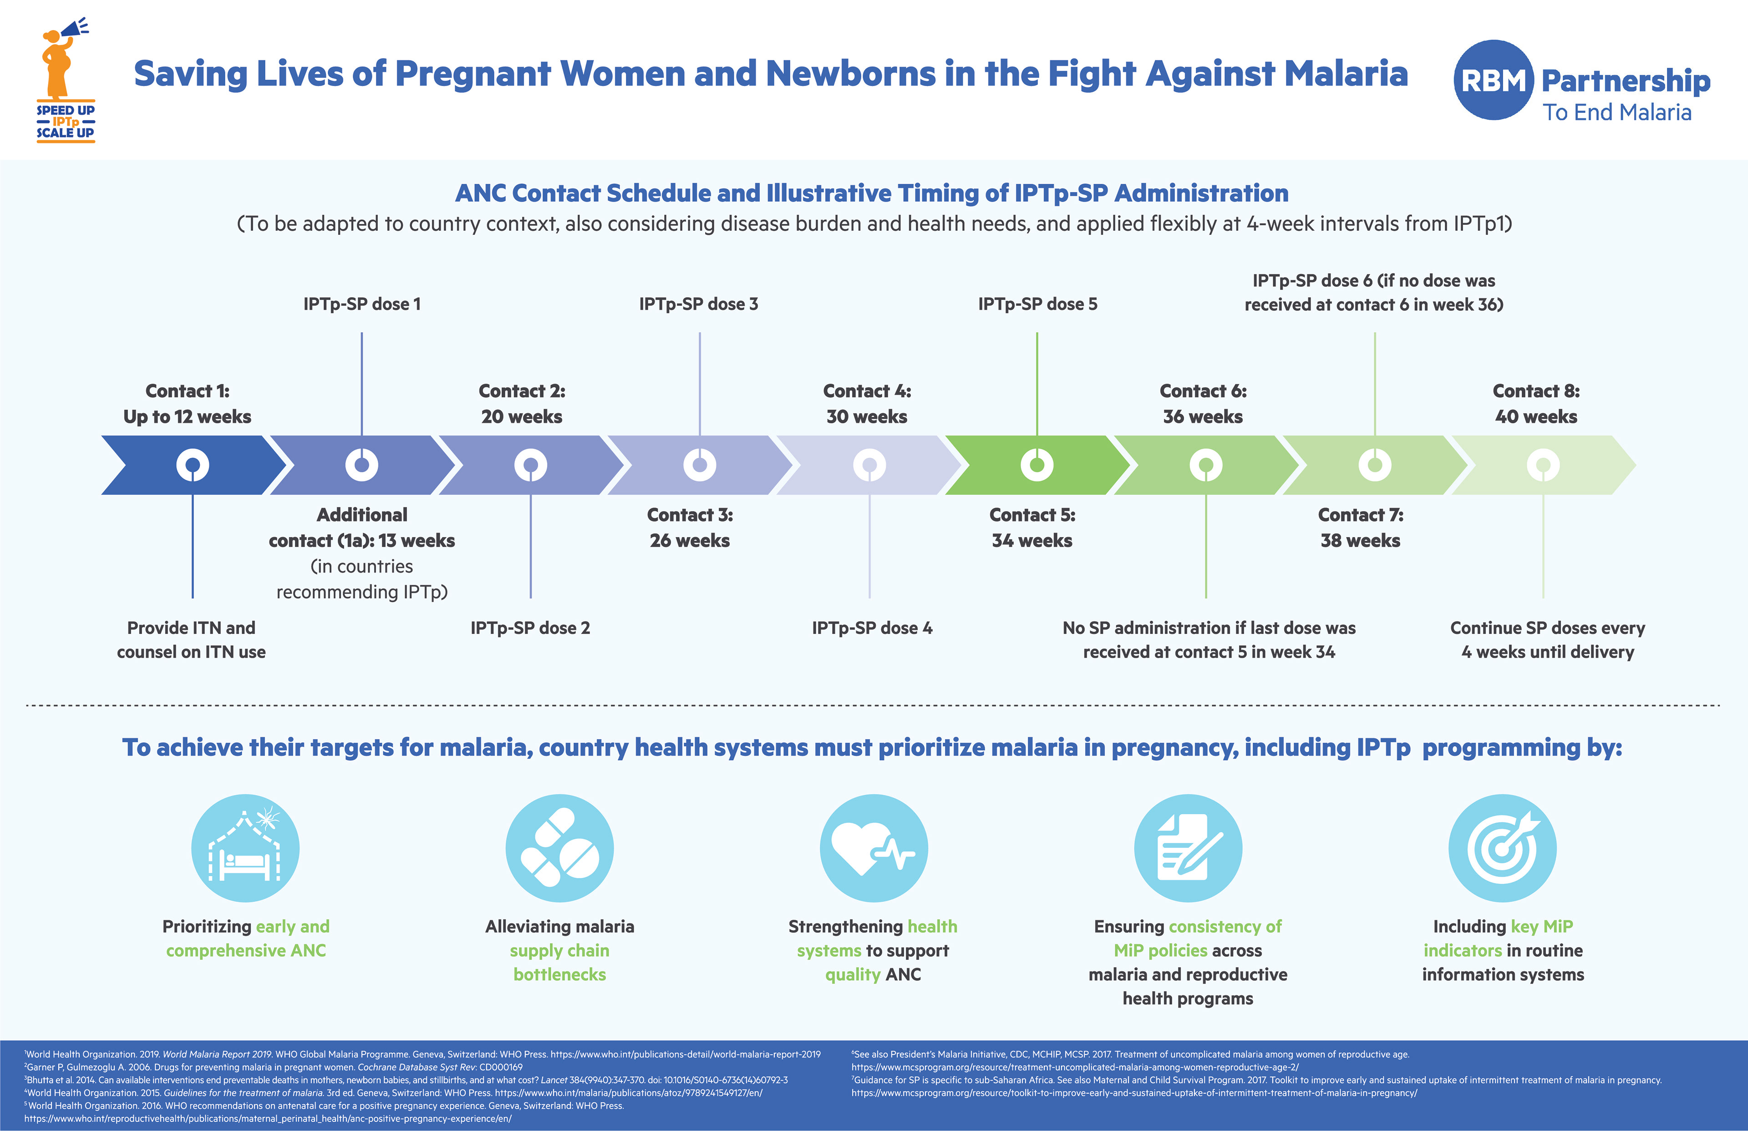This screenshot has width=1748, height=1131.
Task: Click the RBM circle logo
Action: coord(1493,80)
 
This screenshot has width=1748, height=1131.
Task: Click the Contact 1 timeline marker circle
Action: coord(193,465)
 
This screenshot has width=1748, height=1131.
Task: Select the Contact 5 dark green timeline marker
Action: coord(1037,465)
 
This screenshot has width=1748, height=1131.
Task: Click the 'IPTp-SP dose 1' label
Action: coord(362,304)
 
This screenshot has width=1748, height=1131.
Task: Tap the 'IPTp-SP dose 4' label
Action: coord(872,628)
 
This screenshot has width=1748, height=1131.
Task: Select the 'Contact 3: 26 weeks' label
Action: coord(690,527)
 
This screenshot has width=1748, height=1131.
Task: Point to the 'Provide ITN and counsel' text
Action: coord(191,639)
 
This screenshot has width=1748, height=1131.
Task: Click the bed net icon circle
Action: coord(245,848)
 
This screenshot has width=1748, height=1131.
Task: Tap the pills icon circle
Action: coord(559,848)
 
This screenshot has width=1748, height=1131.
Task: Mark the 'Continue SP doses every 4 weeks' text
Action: coord(1548,639)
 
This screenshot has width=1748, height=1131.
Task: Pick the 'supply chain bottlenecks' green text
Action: coord(559,962)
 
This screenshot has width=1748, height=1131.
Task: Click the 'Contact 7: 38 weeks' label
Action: coord(1360,527)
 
